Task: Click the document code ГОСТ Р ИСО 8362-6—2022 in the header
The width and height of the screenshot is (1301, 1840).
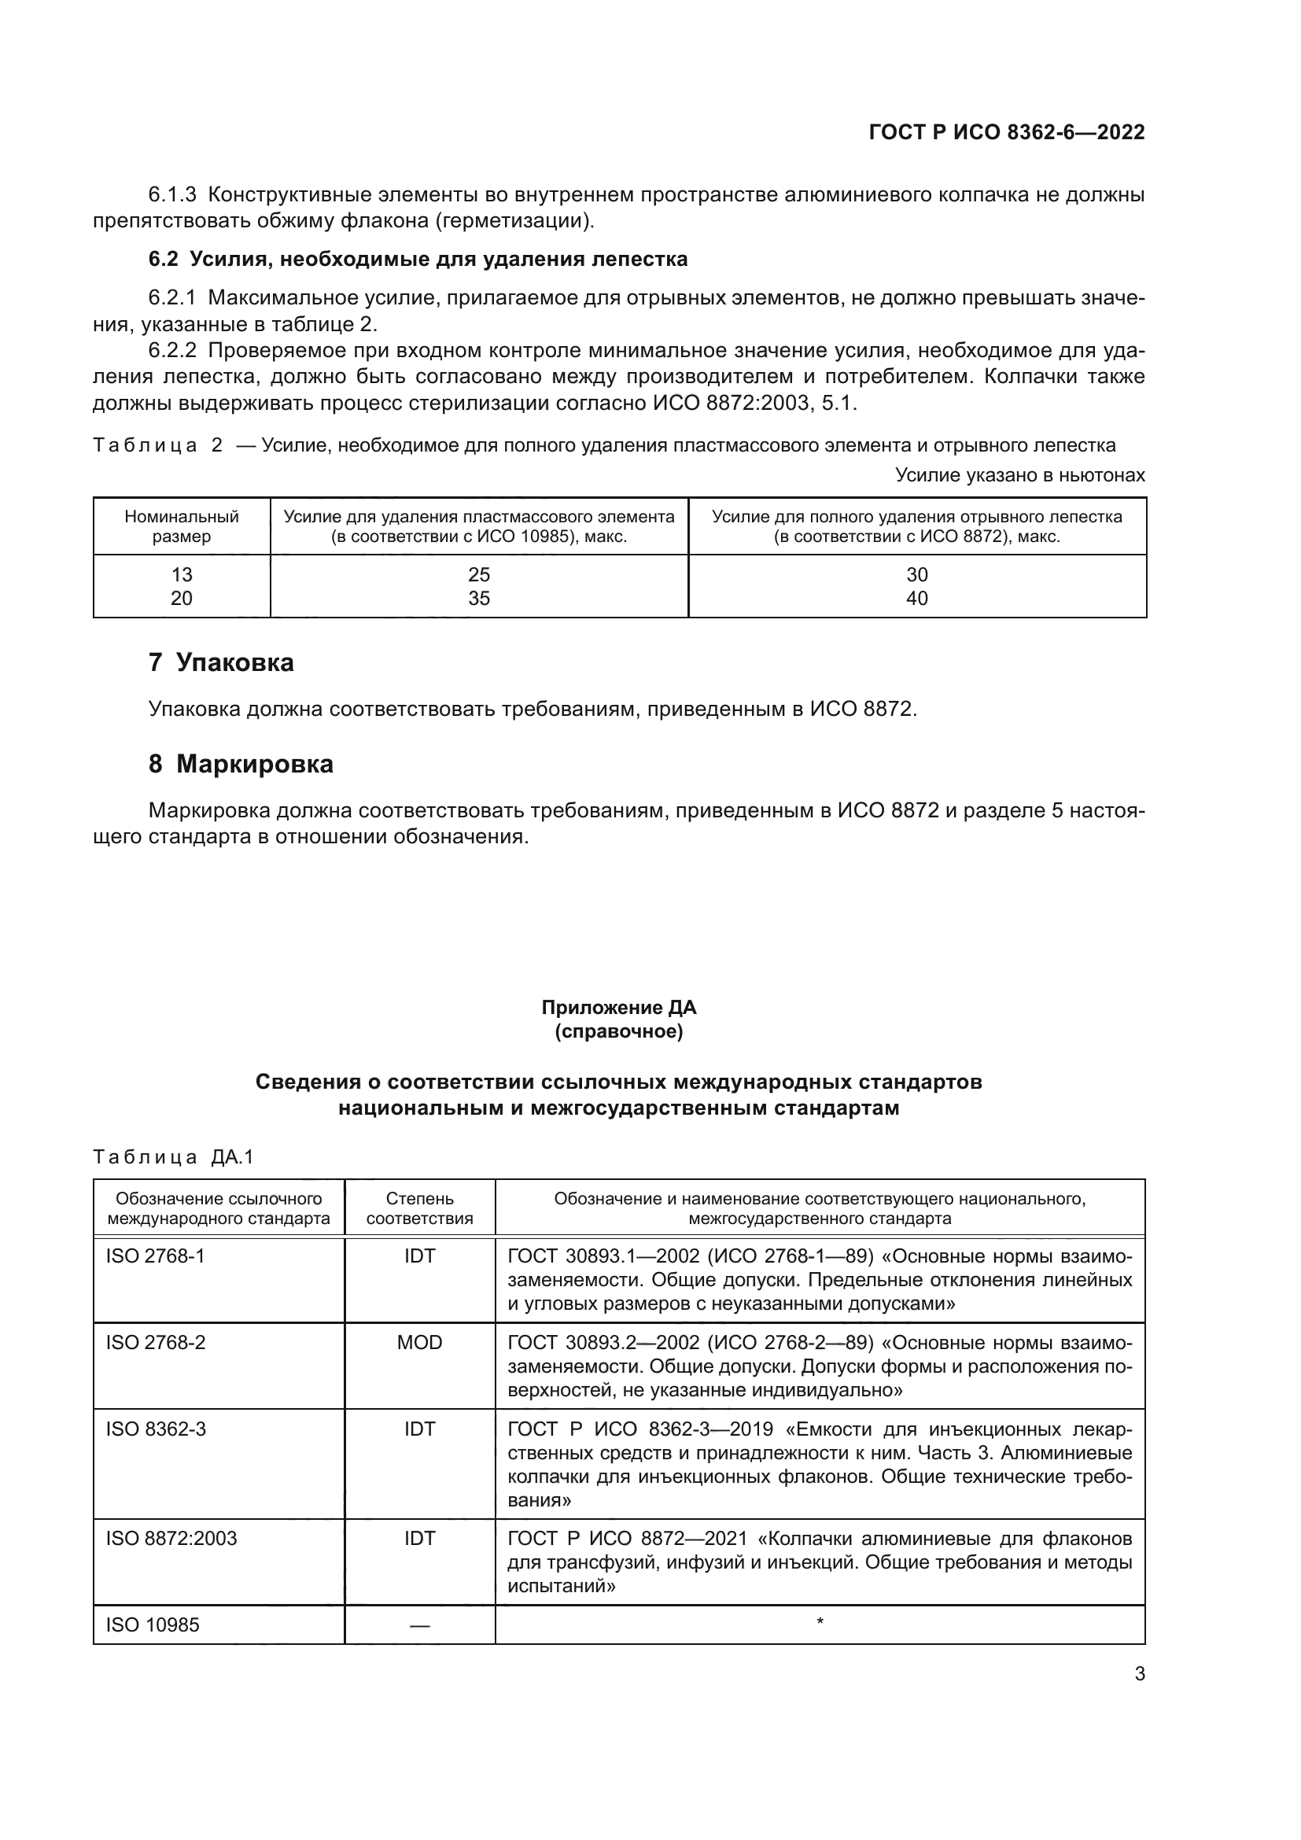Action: click(x=1007, y=132)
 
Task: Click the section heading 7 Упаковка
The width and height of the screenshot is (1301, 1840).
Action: click(x=221, y=662)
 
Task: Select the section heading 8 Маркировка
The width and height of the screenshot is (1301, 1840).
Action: click(x=241, y=765)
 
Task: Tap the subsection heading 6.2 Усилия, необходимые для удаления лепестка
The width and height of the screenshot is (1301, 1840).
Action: click(x=418, y=260)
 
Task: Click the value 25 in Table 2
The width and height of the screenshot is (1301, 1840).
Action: click(x=479, y=574)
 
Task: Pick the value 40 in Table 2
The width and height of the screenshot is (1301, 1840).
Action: click(x=916, y=599)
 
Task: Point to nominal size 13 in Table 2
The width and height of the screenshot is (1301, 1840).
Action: click(x=182, y=574)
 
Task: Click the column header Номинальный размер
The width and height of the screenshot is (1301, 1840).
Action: click(x=182, y=526)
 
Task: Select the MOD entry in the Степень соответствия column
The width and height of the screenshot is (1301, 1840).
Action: click(x=420, y=1342)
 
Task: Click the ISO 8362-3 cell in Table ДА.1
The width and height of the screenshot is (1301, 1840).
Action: click(x=157, y=1429)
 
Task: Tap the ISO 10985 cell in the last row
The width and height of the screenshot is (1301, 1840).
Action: click(x=153, y=1624)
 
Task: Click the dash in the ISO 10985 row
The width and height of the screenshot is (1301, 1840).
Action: click(x=420, y=1625)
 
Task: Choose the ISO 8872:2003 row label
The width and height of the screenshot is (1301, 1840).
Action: click(x=171, y=1538)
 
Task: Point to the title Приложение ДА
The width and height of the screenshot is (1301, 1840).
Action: click(x=618, y=1008)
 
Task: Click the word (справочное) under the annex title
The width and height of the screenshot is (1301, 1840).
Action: click(x=618, y=1031)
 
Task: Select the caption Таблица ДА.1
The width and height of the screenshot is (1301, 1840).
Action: click(x=173, y=1157)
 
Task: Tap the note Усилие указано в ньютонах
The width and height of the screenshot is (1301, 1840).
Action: click(x=1020, y=475)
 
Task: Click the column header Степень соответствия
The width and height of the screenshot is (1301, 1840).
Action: click(x=420, y=1208)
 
